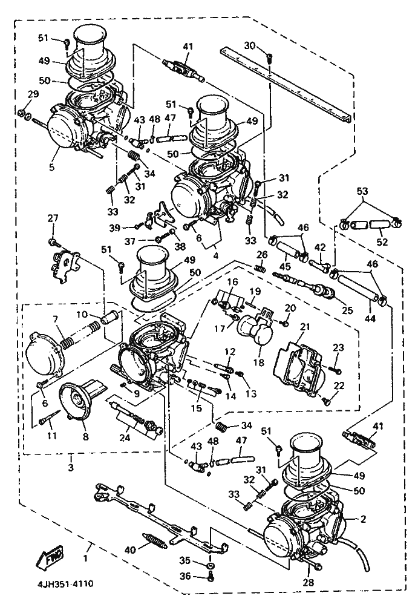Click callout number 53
pos(362,191)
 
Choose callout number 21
pos(304,327)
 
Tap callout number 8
pos(84,435)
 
